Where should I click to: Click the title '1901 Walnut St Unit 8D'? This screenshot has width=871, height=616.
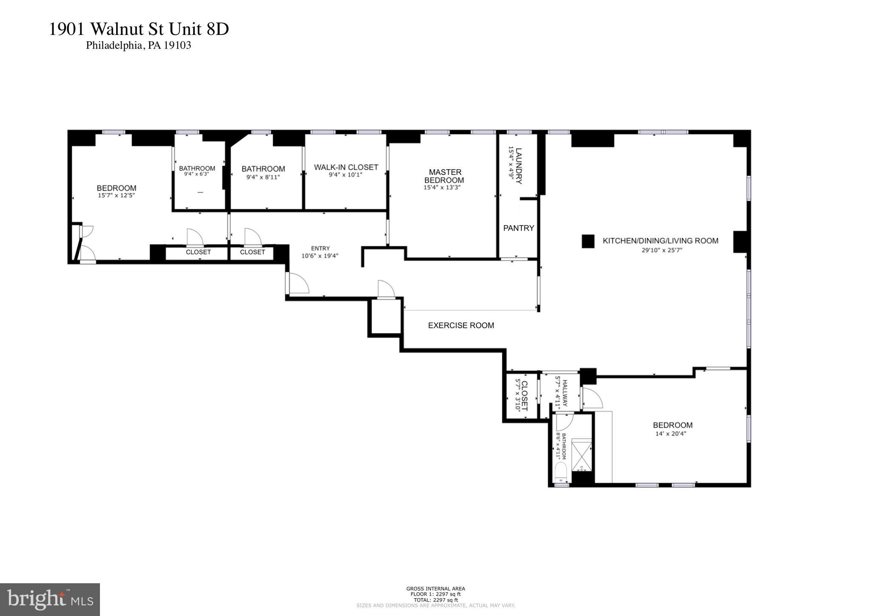click(139, 29)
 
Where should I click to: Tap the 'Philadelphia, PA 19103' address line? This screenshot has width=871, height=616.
click(138, 46)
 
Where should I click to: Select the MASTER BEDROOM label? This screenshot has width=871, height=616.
click(445, 176)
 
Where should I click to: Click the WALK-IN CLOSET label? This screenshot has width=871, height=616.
click(346, 167)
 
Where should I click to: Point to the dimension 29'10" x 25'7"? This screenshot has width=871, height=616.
click(662, 250)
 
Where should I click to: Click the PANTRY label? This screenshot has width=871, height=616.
click(518, 228)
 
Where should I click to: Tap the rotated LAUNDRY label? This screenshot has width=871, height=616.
click(518, 165)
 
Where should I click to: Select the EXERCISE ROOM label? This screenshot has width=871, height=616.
click(461, 325)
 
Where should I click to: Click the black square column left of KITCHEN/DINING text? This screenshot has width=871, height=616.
click(588, 241)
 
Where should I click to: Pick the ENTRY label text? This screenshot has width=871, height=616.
click(320, 248)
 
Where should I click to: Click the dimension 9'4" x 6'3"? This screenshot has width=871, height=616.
click(196, 174)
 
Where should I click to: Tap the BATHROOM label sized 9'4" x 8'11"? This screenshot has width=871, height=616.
click(263, 169)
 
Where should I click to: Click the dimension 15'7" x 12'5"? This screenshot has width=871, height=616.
click(116, 195)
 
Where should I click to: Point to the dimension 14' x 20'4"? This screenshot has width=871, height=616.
click(671, 434)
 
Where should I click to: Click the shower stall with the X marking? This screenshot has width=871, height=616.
click(581, 455)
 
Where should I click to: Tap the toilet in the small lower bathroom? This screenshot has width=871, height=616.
click(561, 473)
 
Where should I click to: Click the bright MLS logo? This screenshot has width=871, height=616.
click(50, 599)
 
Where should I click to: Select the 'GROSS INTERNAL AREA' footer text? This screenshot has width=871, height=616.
click(435, 589)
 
